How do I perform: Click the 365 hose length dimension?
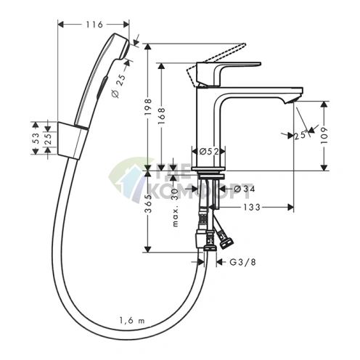tap(147, 204)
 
